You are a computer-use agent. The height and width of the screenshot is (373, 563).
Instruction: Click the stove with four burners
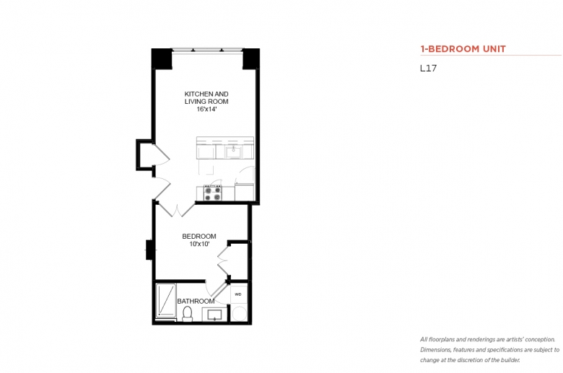[212, 193]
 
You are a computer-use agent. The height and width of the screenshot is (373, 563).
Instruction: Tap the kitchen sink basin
[233, 151]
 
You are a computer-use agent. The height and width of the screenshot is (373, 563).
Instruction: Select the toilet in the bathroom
[187, 314]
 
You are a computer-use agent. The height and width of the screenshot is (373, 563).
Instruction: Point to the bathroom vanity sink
[214, 315]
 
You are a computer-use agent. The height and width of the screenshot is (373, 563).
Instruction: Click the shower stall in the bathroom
[166, 300]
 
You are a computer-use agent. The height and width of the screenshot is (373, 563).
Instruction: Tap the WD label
[238, 294]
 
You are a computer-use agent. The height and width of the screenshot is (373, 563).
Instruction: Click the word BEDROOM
[199, 236]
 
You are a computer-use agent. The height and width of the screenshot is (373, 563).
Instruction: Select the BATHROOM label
[196, 301]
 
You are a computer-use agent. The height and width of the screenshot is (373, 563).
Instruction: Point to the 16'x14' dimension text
[206, 109]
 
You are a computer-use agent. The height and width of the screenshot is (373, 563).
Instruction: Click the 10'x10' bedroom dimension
[199, 244]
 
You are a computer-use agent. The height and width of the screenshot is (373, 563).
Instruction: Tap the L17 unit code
[428, 69]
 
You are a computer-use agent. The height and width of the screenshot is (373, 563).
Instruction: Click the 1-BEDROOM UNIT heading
[463, 49]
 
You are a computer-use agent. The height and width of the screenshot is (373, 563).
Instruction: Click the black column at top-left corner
[162, 59]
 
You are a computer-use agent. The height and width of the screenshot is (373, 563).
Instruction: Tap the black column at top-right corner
[251, 59]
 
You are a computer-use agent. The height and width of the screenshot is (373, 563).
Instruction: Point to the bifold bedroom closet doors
[223, 260]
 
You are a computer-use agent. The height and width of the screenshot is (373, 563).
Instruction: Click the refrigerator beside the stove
[245, 192]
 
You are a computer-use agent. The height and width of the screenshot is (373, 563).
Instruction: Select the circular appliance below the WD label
[239, 313]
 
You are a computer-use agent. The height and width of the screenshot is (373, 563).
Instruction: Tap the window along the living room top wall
[207, 51]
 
